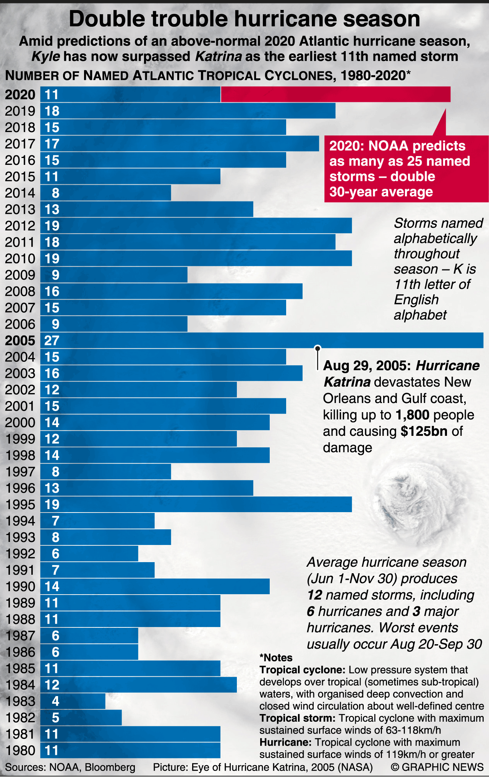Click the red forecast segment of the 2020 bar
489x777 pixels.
coord(335,94)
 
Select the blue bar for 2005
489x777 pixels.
coord(262,340)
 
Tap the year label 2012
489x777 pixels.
coord(20,226)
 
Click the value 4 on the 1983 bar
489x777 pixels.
coord(55,701)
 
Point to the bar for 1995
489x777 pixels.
coord(196,505)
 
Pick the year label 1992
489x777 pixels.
coord(20,554)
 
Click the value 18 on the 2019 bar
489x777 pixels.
coord(52,111)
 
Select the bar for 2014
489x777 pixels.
coord(105,193)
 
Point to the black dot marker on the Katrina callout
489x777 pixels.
coord(317,348)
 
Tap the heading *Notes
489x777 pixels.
coord(276,658)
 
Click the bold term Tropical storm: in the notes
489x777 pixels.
coord(297,718)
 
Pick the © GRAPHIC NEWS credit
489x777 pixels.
coord(437,767)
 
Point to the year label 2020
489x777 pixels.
coord(20,95)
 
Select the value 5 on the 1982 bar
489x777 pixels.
coord(55,718)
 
